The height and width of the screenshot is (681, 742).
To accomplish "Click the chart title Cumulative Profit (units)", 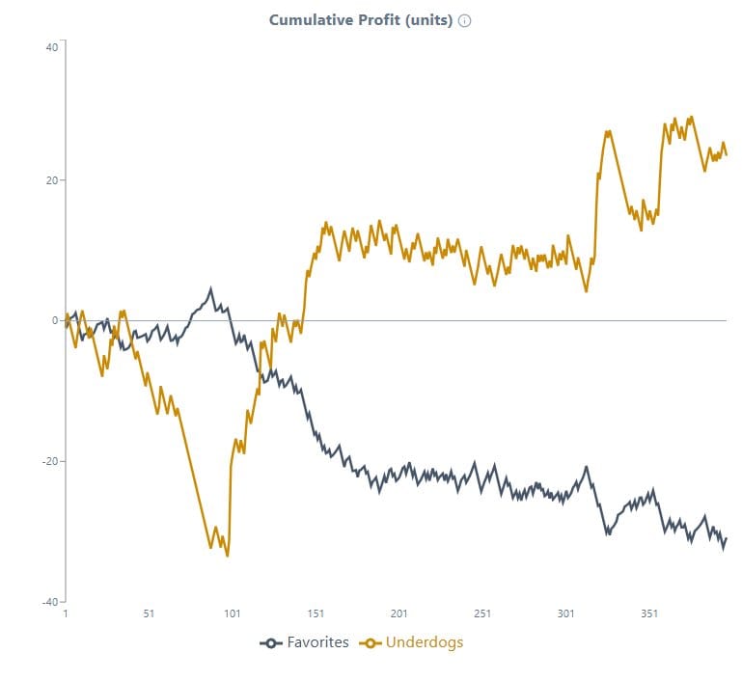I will point(360,20).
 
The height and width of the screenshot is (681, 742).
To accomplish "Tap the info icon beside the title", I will point(464,20).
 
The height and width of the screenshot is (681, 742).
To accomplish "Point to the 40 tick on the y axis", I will point(52,47).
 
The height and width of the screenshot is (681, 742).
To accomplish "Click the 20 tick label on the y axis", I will point(52,180).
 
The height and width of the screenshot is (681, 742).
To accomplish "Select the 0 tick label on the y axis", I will point(55,320).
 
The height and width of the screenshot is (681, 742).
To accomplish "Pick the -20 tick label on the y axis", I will point(50,461).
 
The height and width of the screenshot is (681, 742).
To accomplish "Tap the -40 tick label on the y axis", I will point(50,601).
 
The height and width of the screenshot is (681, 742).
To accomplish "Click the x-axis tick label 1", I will point(66,613).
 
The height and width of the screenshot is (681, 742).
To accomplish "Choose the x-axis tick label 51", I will point(149,613).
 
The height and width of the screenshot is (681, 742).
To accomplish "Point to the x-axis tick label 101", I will point(232,613).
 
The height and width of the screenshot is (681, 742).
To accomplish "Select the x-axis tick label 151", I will point(316,613).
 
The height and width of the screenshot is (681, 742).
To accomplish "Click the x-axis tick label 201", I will point(398,613).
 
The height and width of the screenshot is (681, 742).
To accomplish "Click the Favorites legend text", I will point(317,642).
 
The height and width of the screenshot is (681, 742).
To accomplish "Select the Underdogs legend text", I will point(425,642).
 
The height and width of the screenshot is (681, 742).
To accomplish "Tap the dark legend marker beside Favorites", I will point(271,643).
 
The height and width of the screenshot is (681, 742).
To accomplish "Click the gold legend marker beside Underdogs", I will point(371,643).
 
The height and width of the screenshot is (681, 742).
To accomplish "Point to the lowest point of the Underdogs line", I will point(228,556).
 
